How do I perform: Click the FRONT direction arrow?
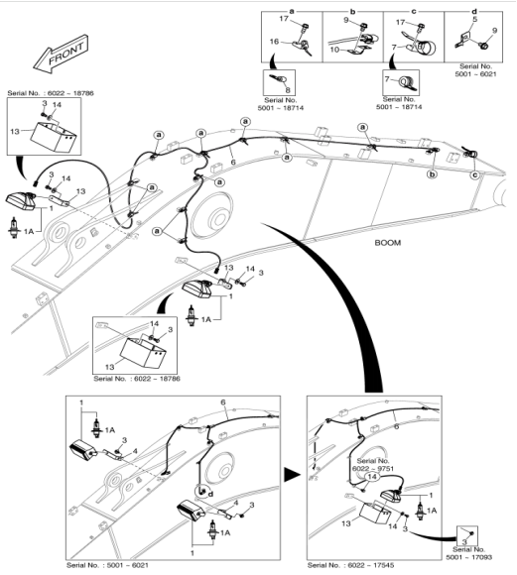61,54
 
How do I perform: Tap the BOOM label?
387,243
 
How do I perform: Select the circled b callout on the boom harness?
433,174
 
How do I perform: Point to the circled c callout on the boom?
474,174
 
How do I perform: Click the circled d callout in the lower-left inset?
210,495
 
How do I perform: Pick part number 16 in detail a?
274,42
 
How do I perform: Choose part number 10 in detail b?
334,50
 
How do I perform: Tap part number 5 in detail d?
474,19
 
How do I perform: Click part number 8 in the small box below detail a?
288,90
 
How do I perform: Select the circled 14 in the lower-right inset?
372,477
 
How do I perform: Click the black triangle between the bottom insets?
293,475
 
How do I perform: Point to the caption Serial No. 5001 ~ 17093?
469,553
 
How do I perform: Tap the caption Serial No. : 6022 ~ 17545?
350,565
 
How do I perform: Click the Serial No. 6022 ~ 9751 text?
373,465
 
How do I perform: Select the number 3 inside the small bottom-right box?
464,541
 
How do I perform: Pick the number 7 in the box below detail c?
387,79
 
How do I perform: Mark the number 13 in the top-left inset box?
15,131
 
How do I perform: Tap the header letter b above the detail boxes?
352,11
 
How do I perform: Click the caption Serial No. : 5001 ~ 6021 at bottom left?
107,565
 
